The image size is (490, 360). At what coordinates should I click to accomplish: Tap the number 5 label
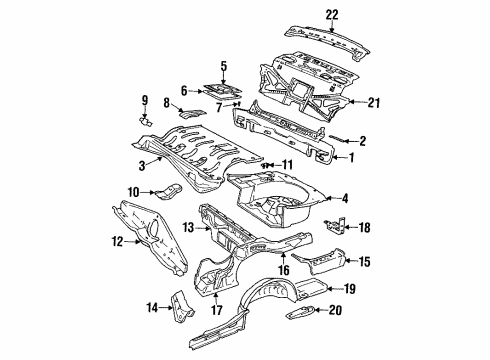pyautogui.click(x=223, y=67)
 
